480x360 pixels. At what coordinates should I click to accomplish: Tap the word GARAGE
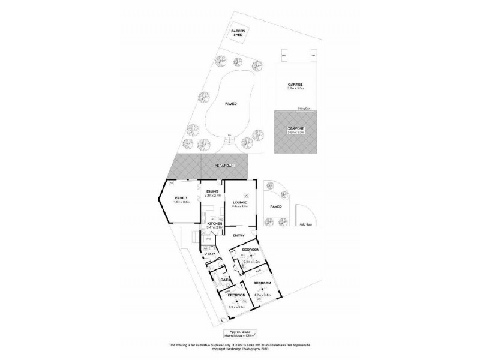[x=294, y=85]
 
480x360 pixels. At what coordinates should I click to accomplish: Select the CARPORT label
[x=295, y=128]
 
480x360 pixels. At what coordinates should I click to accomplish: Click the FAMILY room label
[x=181, y=198]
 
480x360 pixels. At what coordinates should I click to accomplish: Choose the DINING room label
[x=212, y=191]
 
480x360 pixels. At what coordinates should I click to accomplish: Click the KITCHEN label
[x=214, y=223]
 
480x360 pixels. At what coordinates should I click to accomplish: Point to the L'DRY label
[x=209, y=254]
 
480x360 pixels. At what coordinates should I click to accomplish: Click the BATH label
[x=225, y=280]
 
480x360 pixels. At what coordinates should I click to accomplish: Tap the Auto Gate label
[x=307, y=224]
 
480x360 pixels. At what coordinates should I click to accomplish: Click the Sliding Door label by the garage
[x=304, y=109]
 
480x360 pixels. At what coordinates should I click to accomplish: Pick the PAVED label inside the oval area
[x=230, y=104]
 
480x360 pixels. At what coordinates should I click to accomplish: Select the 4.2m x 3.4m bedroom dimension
[x=263, y=295]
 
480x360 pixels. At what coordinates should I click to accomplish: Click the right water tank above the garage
[x=313, y=55]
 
